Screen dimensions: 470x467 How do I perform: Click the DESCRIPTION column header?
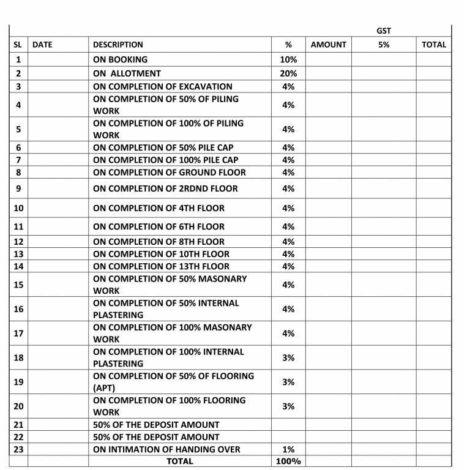pyautogui.click(x=118, y=44)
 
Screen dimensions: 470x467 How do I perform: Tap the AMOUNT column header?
pyautogui.click(x=329, y=44)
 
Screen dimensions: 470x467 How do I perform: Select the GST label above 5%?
pyautogui.click(x=384, y=31)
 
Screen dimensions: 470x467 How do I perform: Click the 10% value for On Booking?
pyautogui.click(x=288, y=59)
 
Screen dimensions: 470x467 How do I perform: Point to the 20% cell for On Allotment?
pyautogui.click(x=288, y=73)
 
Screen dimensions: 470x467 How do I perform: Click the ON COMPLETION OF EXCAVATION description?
pyautogui.click(x=163, y=86)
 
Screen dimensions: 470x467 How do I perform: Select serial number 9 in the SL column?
pyautogui.click(x=18, y=188)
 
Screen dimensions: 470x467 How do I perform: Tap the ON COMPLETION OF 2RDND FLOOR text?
pyautogui.click(x=165, y=188)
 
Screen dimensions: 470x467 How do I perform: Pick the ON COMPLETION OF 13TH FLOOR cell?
pyautogui.click(x=161, y=266)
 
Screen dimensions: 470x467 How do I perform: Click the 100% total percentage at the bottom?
pyautogui.click(x=288, y=461)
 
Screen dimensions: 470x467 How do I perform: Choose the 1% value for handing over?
pyautogui.click(x=288, y=449)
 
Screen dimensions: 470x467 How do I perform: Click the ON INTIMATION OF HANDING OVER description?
pyautogui.click(x=166, y=449)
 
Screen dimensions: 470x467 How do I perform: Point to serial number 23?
pyautogui.click(x=18, y=449)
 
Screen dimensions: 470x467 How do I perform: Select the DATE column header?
pyautogui.click(x=42, y=44)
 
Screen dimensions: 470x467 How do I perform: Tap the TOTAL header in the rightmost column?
pyautogui.click(x=434, y=44)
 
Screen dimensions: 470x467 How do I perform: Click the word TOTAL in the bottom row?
pyautogui.click(x=180, y=461)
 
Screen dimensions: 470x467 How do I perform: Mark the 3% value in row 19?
pyautogui.click(x=288, y=382)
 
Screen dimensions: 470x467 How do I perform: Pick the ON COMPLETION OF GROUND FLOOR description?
pyautogui.click(x=170, y=173)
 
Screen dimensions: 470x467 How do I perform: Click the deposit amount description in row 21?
pyautogui.click(x=156, y=425)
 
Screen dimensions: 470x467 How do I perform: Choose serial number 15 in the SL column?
pyautogui.click(x=18, y=285)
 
